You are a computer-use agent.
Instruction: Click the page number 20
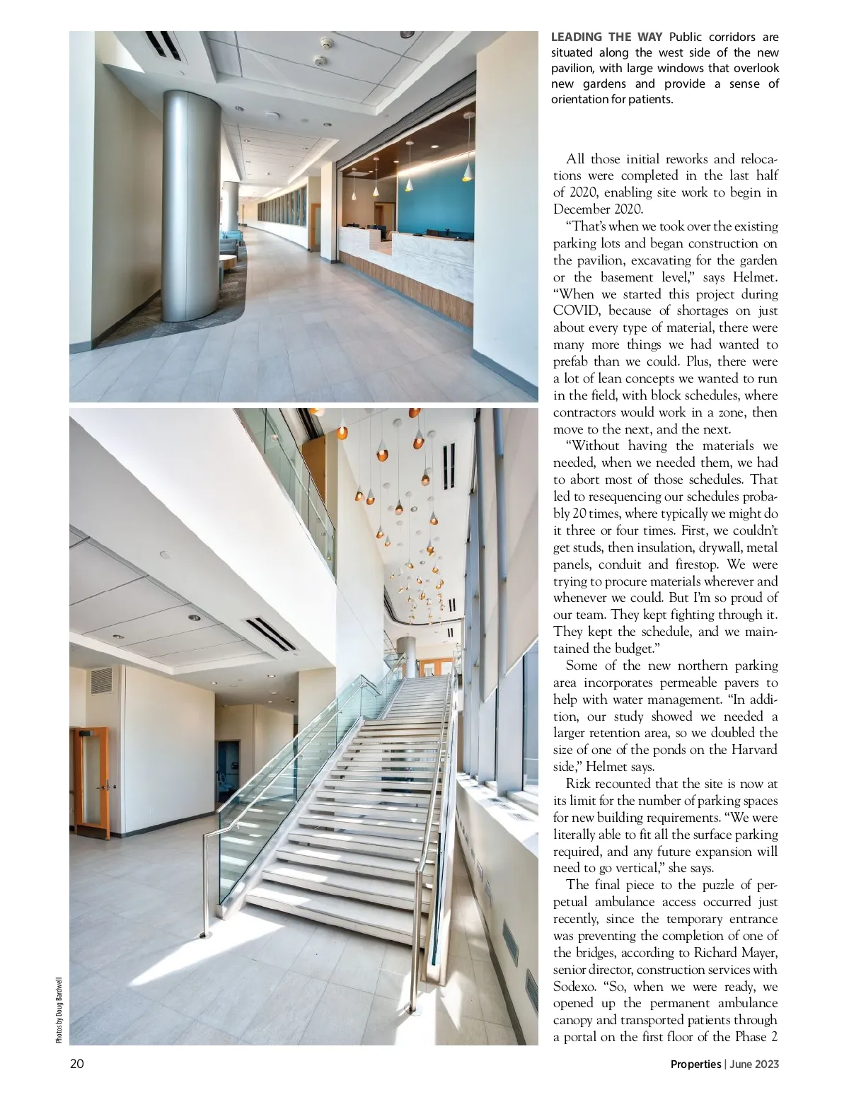[x=76, y=1063]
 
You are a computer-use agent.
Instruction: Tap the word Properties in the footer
[x=695, y=1064]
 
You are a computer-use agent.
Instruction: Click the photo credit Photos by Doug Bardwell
[x=59, y=1009]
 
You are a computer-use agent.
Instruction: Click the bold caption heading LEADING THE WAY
[x=606, y=37]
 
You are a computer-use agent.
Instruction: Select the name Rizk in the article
[x=578, y=784]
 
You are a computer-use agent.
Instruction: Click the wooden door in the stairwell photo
[x=91, y=782]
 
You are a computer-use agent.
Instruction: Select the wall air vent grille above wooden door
[x=101, y=680]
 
